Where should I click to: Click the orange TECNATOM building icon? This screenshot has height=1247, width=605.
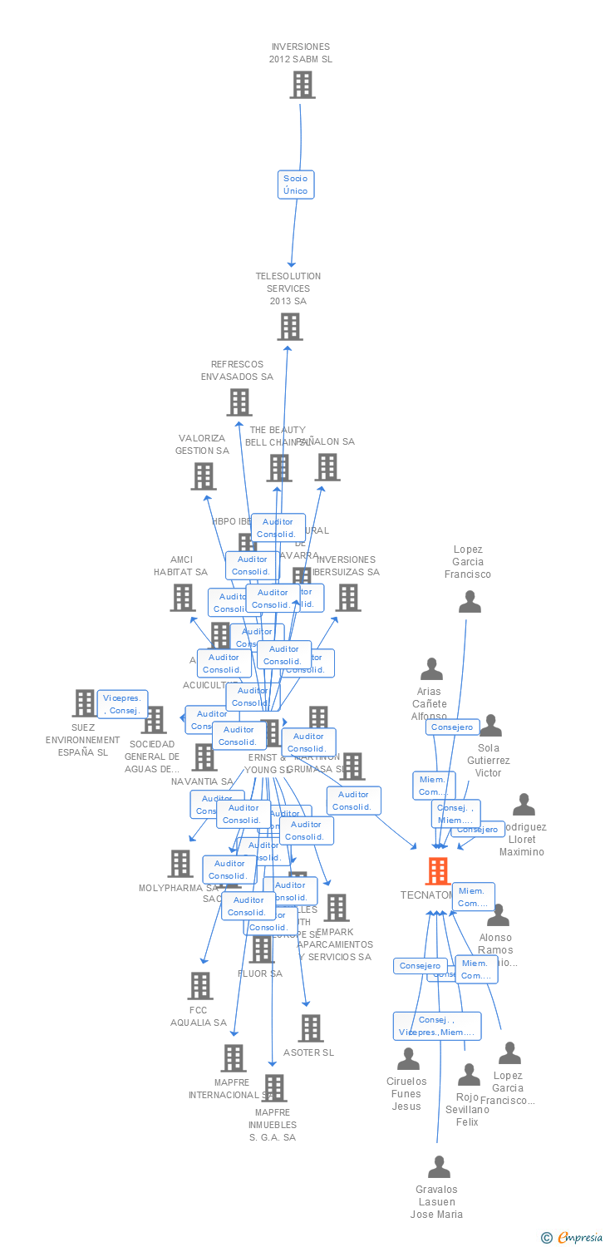coord(438,871)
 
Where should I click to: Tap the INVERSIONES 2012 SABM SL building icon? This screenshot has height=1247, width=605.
coord(302,85)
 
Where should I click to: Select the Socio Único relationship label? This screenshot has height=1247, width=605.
coord(295,185)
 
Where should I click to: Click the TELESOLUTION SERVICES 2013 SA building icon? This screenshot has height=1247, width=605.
coord(289,327)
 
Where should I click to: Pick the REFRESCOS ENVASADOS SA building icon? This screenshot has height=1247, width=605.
coord(239,402)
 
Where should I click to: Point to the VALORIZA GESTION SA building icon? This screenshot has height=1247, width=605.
coord(203,476)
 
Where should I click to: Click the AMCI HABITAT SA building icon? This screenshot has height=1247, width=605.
coord(183,598)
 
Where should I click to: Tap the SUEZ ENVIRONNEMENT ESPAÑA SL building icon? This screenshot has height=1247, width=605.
coord(84,703)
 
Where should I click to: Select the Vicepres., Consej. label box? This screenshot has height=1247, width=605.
coord(123,704)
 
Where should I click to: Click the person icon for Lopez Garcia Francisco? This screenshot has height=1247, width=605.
coord(470,602)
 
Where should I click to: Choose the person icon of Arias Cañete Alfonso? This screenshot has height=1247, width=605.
coord(431,669)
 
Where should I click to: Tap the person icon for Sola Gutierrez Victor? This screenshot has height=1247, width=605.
coord(490,726)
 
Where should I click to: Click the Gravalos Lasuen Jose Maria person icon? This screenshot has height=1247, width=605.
coord(438,1167)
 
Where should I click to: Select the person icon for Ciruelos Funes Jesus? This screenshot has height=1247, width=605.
coord(408,1059)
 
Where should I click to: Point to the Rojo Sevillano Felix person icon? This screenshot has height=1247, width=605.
coord(469,1075)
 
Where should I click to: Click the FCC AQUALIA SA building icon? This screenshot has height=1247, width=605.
coord(199,986)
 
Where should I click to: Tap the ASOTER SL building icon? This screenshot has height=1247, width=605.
coord(310,1028)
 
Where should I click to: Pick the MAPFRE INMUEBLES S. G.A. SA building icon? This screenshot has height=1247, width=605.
coord(273,1088)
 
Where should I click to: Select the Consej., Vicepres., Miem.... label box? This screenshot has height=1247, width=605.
coord(437,1026)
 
